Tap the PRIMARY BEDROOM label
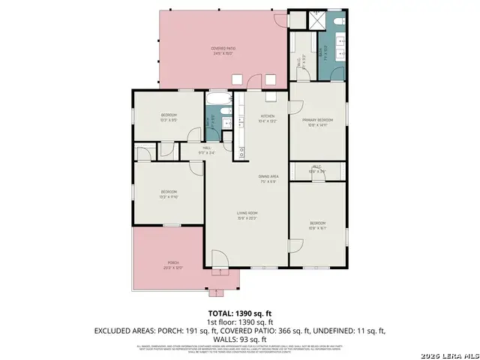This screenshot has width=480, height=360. (318, 121)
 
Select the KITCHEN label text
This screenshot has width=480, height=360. (268, 118)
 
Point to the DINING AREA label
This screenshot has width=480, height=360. (268, 179)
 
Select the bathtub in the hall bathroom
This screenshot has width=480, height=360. (220, 100)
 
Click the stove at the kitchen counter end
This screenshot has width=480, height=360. (243, 153)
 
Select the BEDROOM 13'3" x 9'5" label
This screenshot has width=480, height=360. (169, 116)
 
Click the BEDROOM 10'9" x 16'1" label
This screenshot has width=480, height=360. (318, 224)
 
